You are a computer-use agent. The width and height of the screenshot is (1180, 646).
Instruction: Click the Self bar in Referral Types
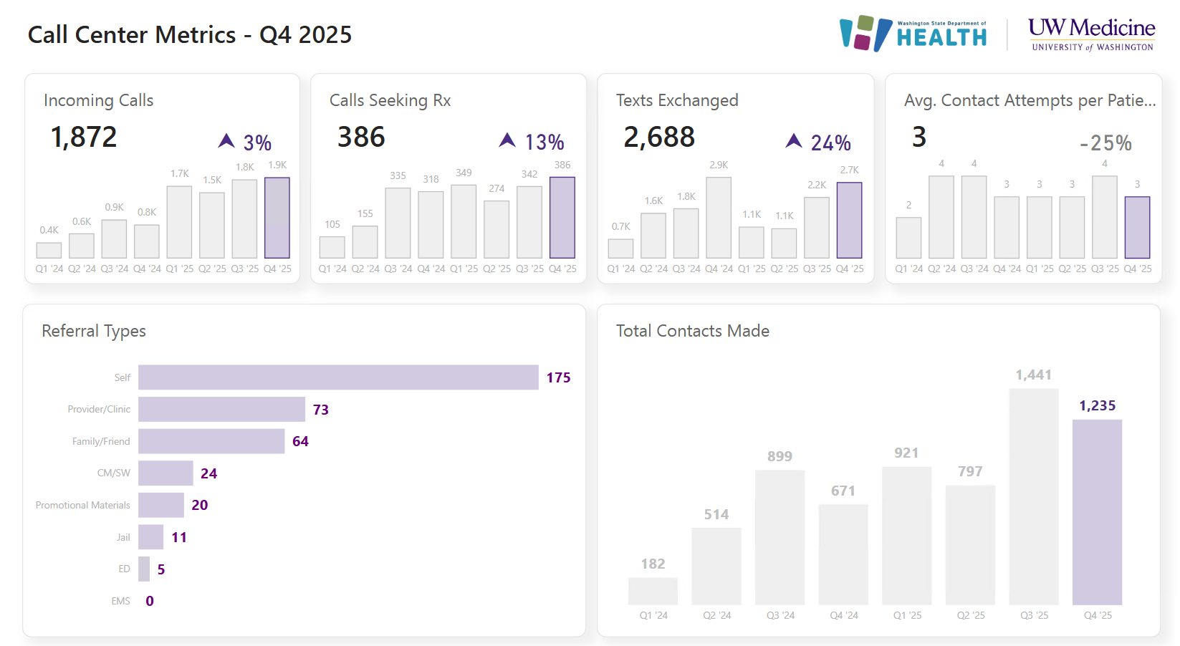(x=338, y=377)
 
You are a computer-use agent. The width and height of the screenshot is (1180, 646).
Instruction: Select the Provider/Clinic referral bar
(x=221, y=409)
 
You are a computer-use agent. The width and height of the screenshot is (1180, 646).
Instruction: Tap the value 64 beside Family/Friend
(x=300, y=442)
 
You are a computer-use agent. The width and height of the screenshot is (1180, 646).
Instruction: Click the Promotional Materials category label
(x=83, y=506)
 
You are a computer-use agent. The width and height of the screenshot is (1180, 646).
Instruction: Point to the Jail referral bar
(x=151, y=537)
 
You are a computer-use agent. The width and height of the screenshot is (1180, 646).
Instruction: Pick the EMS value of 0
(x=150, y=602)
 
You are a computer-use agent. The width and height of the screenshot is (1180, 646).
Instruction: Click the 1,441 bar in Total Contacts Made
(x=1033, y=497)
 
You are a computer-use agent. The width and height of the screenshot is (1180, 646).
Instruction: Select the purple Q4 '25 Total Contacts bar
(x=1097, y=512)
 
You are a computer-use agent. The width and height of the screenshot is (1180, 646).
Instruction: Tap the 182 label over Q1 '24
(x=653, y=564)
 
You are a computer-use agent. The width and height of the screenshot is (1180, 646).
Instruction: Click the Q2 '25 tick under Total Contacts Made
(x=971, y=616)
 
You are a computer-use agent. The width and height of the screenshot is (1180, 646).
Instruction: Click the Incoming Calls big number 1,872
(x=84, y=138)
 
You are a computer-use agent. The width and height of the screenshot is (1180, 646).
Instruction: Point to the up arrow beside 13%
(x=507, y=140)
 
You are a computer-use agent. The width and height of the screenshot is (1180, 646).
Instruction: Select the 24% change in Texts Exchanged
(x=830, y=143)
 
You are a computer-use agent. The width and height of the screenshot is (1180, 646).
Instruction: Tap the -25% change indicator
(x=1105, y=143)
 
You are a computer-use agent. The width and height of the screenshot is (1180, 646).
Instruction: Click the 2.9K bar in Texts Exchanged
(x=719, y=218)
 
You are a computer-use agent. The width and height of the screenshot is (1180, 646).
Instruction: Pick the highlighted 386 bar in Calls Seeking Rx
(x=562, y=218)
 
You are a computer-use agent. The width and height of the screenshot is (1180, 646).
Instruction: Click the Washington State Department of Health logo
(x=913, y=34)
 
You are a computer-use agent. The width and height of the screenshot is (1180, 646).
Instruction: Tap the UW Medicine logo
(x=1091, y=34)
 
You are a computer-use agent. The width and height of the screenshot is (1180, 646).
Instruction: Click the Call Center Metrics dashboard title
(x=190, y=35)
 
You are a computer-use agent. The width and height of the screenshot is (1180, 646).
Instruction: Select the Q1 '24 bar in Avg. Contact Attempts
(x=908, y=238)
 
